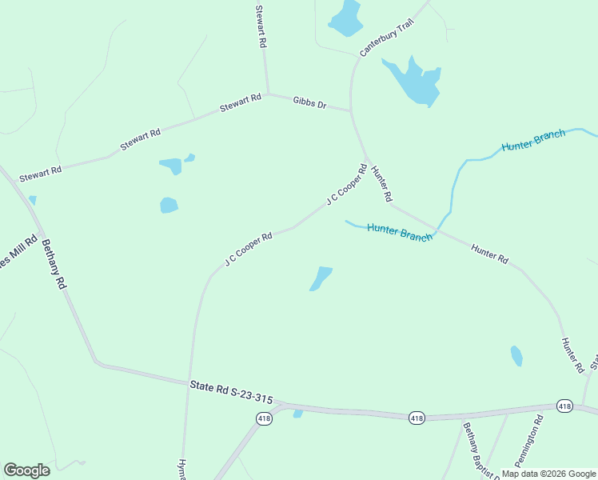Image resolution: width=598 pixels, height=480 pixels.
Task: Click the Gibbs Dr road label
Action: click(309, 103)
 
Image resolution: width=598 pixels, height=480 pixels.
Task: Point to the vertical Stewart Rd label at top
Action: click(259, 27)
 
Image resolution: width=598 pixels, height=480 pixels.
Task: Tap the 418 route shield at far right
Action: click(564, 406)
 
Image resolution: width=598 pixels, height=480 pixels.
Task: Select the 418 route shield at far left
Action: click(263, 418)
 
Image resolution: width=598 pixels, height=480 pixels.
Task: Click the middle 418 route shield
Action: click(417, 418)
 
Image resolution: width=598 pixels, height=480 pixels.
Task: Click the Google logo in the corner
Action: click(26, 470)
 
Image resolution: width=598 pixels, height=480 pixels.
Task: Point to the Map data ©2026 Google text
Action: click(548, 474)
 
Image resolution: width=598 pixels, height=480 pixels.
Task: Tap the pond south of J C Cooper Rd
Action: click(321, 278)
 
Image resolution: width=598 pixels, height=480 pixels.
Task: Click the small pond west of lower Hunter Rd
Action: click(516, 355)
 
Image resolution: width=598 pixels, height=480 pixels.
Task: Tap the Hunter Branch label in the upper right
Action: click(533, 140)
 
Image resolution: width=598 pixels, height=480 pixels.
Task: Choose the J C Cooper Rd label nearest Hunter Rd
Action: click(346, 185)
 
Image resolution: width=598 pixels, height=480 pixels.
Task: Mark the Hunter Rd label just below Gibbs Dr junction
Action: click(381, 185)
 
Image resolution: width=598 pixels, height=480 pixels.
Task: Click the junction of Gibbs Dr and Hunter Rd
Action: click(352, 110)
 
